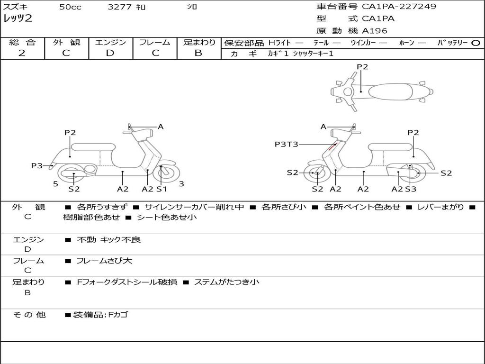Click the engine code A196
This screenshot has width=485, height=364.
[x=375, y=31]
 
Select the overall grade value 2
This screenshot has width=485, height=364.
[x=22, y=53]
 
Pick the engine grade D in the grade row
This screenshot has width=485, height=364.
[x=110, y=53]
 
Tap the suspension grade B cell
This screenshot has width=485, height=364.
[x=198, y=53]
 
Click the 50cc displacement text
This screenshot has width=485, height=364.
[x=70, y=7]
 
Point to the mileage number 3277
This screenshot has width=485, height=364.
[x=120, y=7]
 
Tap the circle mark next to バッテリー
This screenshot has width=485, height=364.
[x=476, y=43]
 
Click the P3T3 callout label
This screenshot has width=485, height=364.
[x=287, y=144]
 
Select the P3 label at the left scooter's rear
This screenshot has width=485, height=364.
[x=37, y=165]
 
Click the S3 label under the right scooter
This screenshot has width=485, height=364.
[x=411, y=189]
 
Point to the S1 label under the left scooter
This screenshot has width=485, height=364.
[x=162, y=189]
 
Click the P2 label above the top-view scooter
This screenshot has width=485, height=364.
[x=362, y=67]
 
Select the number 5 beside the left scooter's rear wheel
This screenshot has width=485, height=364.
[x=55, y=184]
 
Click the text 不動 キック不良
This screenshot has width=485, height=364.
[x=108, y=240]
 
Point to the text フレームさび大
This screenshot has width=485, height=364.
[x=104, y=261]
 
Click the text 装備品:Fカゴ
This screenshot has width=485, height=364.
[x=100, y=315]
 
